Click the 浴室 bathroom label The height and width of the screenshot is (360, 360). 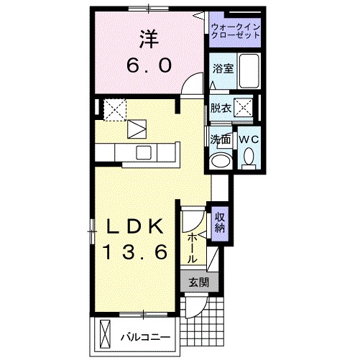tap(222, 70)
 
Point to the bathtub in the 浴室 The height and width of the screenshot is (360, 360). tap(249, 70)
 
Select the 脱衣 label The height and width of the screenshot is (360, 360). tap(221, 109)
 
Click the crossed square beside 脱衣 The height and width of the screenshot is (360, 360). tap(245, 109)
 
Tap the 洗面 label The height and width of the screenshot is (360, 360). tap(221, 138)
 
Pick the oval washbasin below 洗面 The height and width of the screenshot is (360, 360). tap(221, 160)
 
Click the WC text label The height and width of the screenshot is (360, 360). tap(249, 138)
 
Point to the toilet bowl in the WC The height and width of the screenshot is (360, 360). tap(249, 155)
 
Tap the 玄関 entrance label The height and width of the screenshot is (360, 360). tap(198, 282)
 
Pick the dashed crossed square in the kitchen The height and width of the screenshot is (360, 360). tap(114, 109)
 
